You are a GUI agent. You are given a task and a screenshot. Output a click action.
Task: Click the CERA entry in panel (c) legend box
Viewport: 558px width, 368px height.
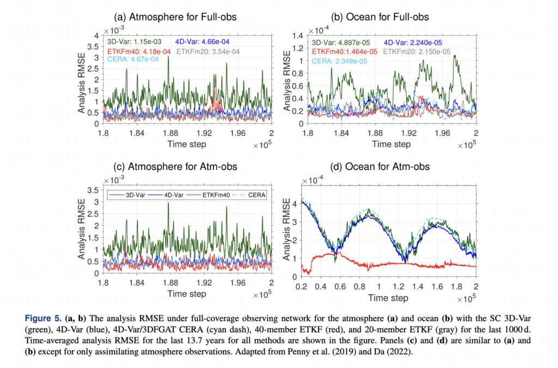[249, 194]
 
